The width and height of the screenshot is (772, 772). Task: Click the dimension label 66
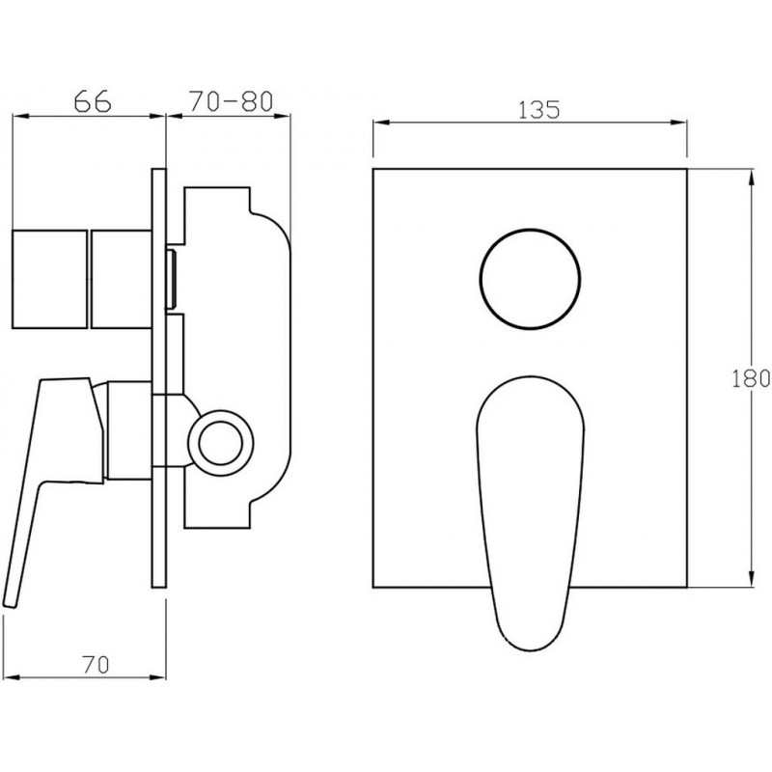point(93,101)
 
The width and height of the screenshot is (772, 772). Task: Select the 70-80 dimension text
point(231,101)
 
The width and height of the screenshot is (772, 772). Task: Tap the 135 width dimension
point(539,109)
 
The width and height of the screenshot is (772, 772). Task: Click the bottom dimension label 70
point(96,665)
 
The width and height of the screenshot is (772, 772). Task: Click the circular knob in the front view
point(529,279)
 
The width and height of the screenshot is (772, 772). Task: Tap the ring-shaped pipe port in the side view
point(221,437)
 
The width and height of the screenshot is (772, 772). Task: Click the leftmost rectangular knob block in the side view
point(50,279)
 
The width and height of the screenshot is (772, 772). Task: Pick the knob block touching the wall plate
point(122,279)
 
